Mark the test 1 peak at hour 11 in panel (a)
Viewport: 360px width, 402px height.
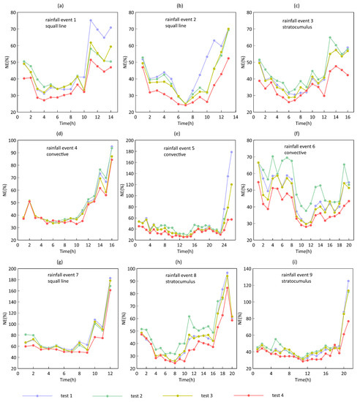[91, 20]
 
